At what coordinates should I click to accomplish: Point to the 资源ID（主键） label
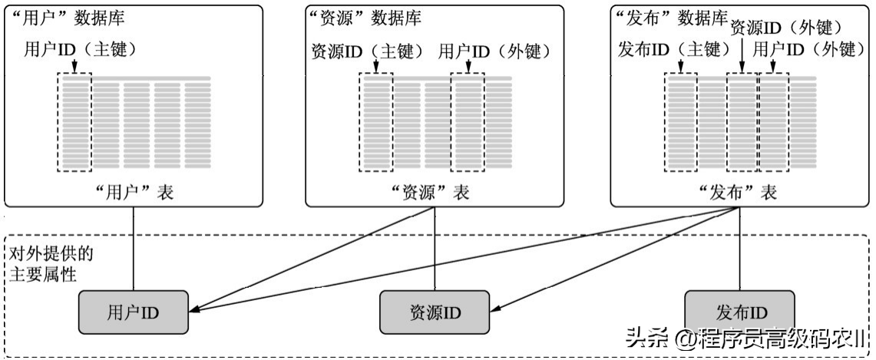pyautogui.click(x=367, y=52)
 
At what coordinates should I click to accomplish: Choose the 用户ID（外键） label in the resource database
pyautogui.click(x=495, y=52)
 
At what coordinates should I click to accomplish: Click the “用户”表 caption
pyautogui.click(x=133, y=192)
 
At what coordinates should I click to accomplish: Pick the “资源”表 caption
pyautogui.click(x=435, y=192)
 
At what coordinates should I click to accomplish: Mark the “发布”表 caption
pyautogui.click(x=739, y=192)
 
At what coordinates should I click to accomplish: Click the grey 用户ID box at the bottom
pyautogui.click(x=134, y=312)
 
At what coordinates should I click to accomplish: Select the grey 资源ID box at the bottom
pyautogui.click(x=435, y=312)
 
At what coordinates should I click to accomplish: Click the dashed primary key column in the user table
pyautogui.click(x=74, y=123)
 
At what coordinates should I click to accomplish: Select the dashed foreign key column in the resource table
pyautogui.click(x=468, y=123)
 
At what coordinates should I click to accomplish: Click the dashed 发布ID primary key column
pyautogui.click(x=681, y=123)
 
